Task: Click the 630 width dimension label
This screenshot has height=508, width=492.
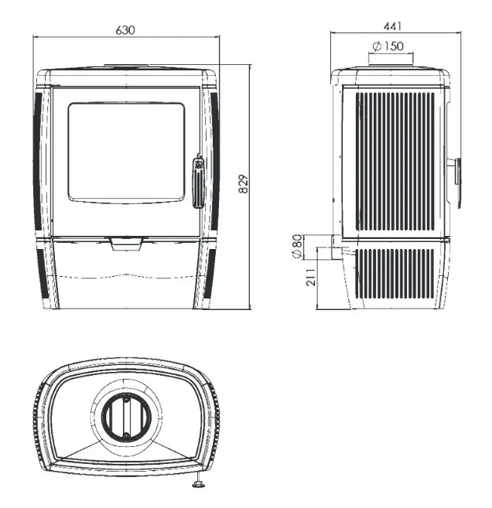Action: pyautogui.click(x=125, y=30)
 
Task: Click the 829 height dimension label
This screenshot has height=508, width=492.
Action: pyautogui.click(x=244, y=184)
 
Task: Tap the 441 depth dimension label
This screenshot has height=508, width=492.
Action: pyautogui.click(x=393, y=26)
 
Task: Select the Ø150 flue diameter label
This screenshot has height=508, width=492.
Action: pyautogui.click(x=388, y=46)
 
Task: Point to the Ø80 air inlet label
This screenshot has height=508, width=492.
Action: pyautogui.click(x=297, y=246)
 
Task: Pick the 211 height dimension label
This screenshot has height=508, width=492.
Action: pyautogui.click(x=311, y=277)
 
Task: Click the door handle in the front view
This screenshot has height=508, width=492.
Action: pyautogui.click(x=198, y=182)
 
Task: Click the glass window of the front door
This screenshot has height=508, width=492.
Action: pyautogui.click(x=126, y=153)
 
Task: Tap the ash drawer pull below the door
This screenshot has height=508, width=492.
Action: pyautogui.click(x=126, y=244)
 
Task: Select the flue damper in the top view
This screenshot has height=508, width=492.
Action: pyautogui.click(x=126, y=417)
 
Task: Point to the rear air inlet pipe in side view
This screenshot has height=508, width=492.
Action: pyautogui.click(x=336, y=247)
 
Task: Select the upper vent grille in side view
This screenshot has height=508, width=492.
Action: pyautogui.click(x=395, y=162)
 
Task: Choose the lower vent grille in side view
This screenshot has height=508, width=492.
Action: pyautogui.click(x=395, y=274)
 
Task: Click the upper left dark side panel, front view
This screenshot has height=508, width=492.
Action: pyautogui.click(x=38, y=160)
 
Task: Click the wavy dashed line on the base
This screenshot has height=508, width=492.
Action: pyautogui.click(x=126, y=276)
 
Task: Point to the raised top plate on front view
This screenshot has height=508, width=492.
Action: pyautogui.click(x=126, y=66)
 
